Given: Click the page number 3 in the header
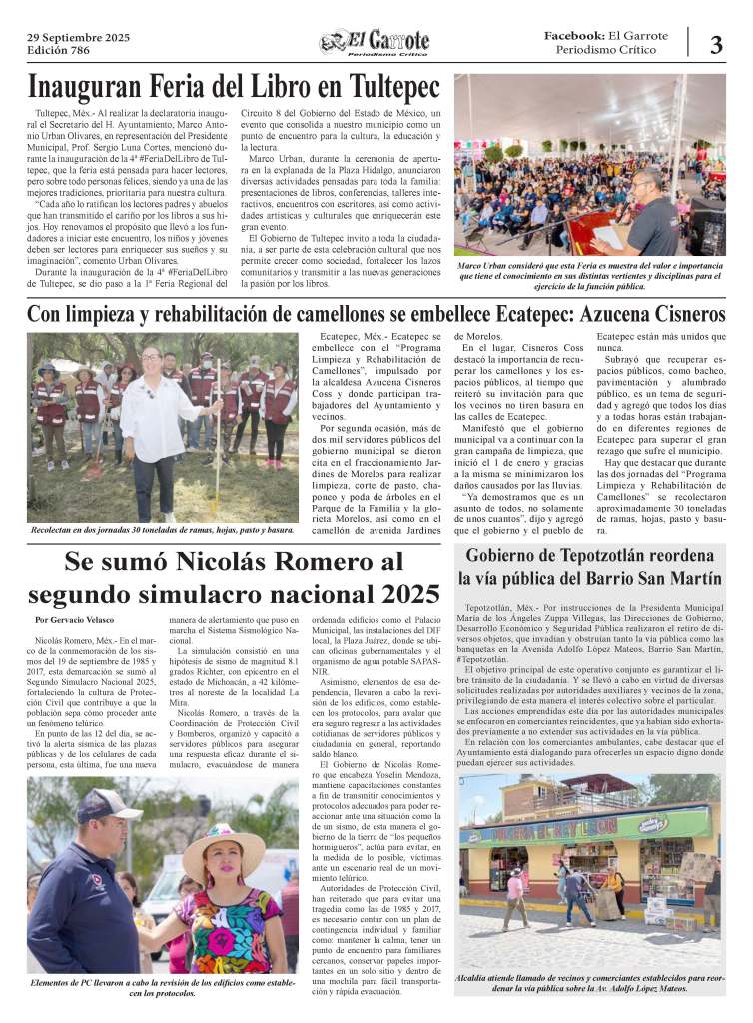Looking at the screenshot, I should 715,44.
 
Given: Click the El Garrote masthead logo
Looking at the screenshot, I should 375,43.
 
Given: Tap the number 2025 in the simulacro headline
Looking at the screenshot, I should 396,594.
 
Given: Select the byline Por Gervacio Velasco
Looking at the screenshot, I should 74,621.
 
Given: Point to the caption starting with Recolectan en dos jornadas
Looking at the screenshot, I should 162,530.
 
